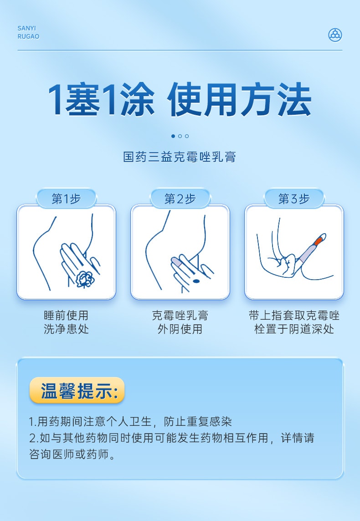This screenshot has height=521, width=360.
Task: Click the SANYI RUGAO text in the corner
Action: coord(28,32)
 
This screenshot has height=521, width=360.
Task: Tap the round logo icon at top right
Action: coord(335,35)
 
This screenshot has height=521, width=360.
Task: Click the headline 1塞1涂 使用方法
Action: coord(180,100)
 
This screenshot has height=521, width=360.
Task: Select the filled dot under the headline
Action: coord(173,136)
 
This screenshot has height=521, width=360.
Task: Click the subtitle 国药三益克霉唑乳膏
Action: coord(180,158)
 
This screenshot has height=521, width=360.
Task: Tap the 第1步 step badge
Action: coord(66,199)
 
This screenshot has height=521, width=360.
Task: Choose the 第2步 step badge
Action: coord(180,199)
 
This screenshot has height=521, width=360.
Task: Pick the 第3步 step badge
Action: coord(294,199)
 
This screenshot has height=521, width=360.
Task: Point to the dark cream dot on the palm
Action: coord(196,281)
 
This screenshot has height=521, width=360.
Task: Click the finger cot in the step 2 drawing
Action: coord(176,262)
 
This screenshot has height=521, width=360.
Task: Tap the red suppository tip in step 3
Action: coord(319,240)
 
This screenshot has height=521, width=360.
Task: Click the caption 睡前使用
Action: coord(66,316)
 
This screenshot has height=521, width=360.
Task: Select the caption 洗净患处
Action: coord(66,329)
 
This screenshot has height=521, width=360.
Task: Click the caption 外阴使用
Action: coord(180,329)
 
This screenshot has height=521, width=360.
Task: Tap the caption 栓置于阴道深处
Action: coord(294,329)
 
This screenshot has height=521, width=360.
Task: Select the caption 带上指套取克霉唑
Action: coord(294,316)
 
